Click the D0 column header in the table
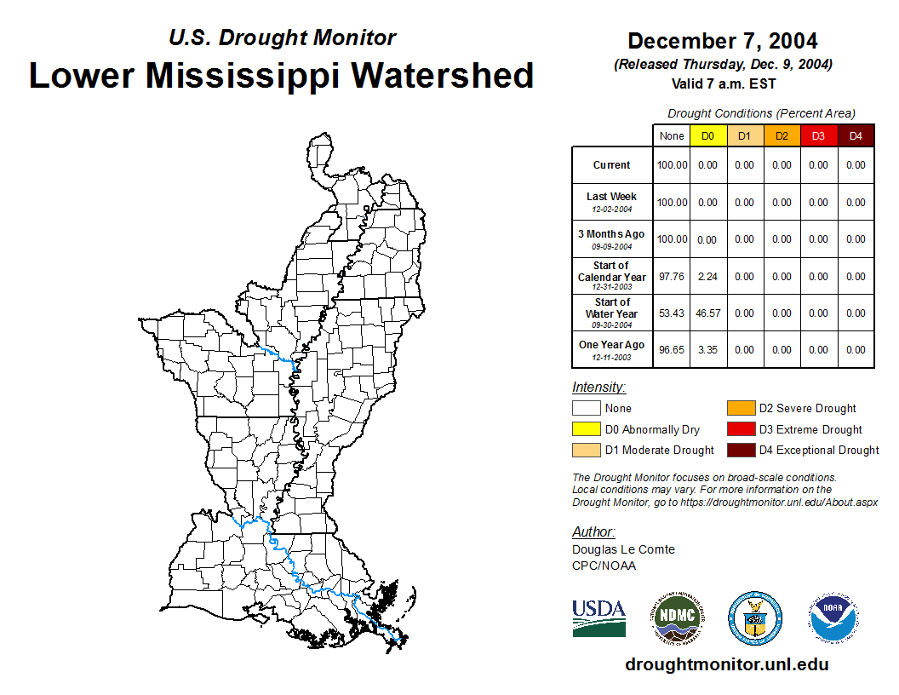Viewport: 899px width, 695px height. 708,136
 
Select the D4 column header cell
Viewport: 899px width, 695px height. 856,136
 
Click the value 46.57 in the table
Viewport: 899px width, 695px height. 708,313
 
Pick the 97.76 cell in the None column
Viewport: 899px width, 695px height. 672,277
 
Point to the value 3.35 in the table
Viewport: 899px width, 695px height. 708,350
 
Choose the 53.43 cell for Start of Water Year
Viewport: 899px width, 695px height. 672,313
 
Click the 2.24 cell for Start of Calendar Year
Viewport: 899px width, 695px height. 708,277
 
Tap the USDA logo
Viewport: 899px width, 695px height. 598,617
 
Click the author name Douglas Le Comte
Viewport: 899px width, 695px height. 623,549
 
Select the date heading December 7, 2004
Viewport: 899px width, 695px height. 723,41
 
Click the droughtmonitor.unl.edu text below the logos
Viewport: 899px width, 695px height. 726,664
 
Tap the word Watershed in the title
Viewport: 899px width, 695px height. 443,75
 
